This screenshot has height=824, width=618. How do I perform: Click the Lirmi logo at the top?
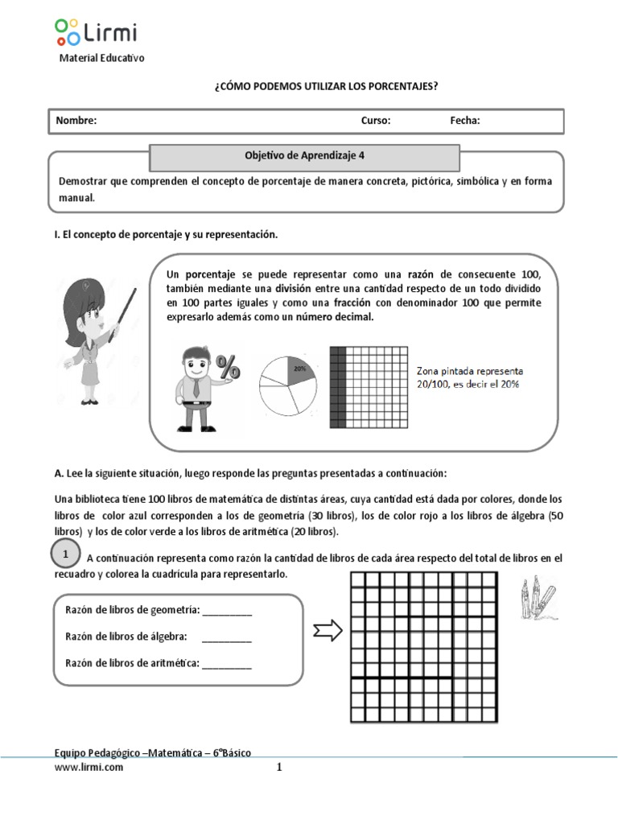[x=96, y=32]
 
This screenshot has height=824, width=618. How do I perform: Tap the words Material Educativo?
[x=102, y=58]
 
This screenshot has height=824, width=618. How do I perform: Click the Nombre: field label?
[x=76, y=121]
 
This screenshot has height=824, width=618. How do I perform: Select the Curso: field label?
[x=376, y=121]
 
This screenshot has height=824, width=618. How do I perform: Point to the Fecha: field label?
[x=465, y=121]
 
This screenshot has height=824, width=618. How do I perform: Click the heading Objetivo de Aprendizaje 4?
[x=305, y=157]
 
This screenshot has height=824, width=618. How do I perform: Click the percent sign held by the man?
[x=228, y=369]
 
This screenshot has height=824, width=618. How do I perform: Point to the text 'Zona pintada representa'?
[x=470, y=371]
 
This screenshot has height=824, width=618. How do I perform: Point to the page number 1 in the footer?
[x=279, y=768]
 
